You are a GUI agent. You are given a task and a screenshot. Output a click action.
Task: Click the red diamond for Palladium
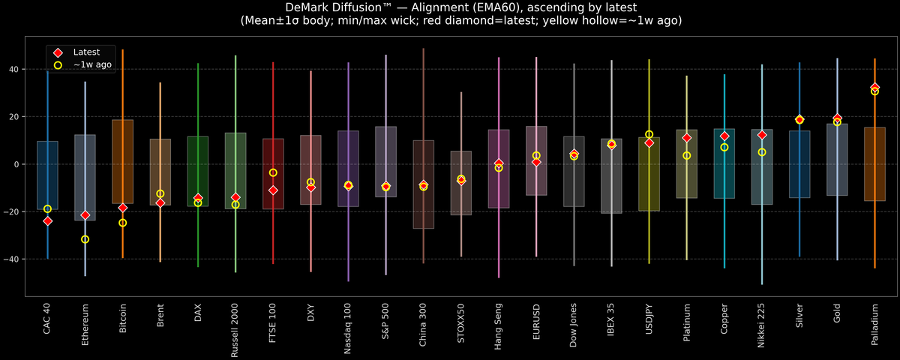pyautogui.click(x=874, y=88)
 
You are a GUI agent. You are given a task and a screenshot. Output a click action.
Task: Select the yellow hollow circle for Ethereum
pyautogui.click(x=85, y=239)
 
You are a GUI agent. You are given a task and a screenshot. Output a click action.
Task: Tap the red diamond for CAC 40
pyautogui.click(x=47, y=221)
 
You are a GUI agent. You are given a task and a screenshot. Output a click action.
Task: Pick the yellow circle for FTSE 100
pyautogui.click(x=273, y=172)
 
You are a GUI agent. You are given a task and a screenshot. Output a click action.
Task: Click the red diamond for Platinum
pyautogui.click(x=686, y=138)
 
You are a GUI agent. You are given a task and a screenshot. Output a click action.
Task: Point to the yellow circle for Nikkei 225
pyautogui.click(x=762, y=152)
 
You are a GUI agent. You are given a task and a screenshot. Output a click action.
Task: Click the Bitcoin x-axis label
pyautogui.click(x=123, y=319)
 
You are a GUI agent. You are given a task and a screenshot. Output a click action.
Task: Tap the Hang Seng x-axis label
pyautogui.click(x=499, y=324)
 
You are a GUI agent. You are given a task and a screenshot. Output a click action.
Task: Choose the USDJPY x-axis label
pyautogui.click(x=649, y=320)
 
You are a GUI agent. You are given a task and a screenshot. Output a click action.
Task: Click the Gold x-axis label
pyautogui.click(x=837, y=314)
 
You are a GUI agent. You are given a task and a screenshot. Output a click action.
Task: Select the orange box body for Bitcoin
pyautogui.click(x=123, y=161)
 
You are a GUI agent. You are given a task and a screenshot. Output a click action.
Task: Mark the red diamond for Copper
pyautogui.click(x=724, y=136)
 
